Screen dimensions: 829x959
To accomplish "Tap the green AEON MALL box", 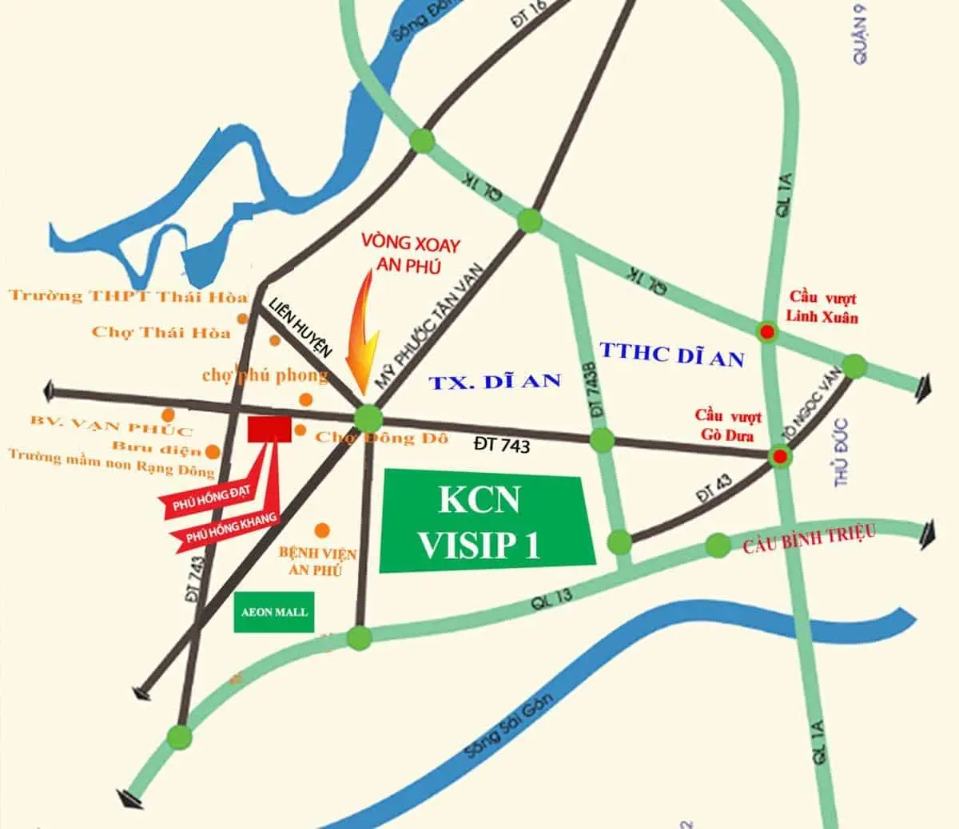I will [x=273, y=613].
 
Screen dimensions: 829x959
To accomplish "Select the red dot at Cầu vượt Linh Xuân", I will [x=767, y=332].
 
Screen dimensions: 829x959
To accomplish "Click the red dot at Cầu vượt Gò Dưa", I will [x=779, y=457].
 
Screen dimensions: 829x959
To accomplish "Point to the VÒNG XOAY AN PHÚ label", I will [x=411, y=255].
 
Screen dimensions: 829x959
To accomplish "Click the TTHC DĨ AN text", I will [x=671, y=354].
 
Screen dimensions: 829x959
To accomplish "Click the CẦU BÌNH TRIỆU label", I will [x=809, y=539].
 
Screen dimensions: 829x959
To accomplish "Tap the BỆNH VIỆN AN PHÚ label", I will [x=317, y=561].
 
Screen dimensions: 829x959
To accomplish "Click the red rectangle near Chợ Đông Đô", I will [x=269, y=429].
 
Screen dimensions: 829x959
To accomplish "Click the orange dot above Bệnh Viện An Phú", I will [x=323, y=530].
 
